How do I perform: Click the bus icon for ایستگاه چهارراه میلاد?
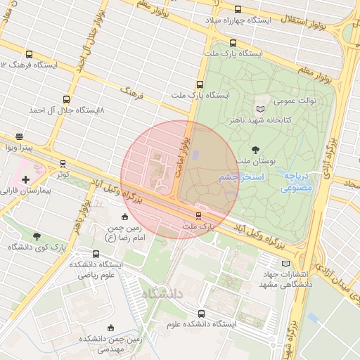pyautogui.click(x=238, y=10)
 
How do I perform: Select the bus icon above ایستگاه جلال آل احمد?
pyautogui.click(x=66, y=99)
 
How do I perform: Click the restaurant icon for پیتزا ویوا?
pyautogui.click(x=18, y=137)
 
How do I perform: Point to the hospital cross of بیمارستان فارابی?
pyautogui.click(x=26, y=180)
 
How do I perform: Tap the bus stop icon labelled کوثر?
pyautogui.click(x=63, y=163)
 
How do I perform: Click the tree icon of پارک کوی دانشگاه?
pyautogui.click(x=37, y=237)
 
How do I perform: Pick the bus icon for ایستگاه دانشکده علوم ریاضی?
pyautogui.click(x=96, y=254)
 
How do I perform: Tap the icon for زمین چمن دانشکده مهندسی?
pyautogui.click(x=110, y=328)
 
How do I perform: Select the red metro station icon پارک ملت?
pyautogui.click(x=198, y=216)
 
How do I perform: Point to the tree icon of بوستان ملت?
pyautogui.click(x=255, y=149)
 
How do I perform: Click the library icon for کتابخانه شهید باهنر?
pyautogui.click(x=260, y=109)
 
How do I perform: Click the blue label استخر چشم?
pyautogui.click(x=240, y=178)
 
